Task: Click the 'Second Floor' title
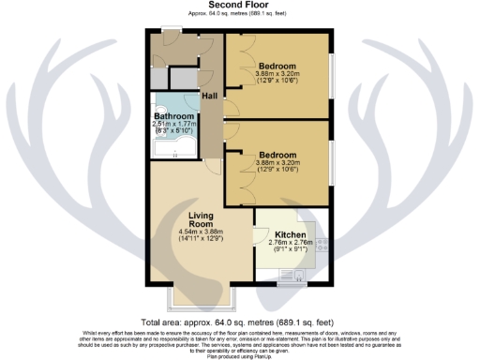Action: [x=240, y=6]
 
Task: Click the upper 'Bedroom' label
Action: [x=277, y=65]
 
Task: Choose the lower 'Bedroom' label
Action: [x=277, y=154]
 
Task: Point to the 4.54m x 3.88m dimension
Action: [x=198, y=234]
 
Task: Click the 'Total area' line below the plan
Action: [x=240, y=322]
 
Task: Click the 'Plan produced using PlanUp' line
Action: [x=240, y=356]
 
